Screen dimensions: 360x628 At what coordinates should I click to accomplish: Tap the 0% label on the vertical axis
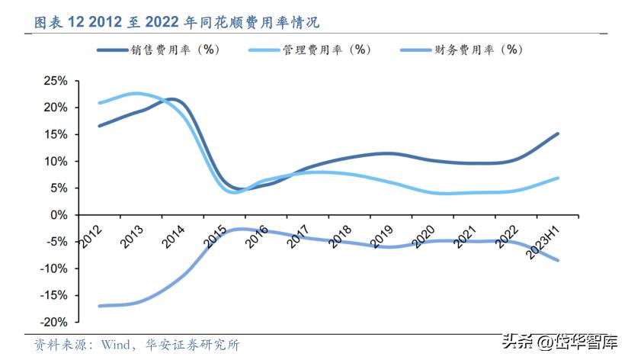click(59, 214)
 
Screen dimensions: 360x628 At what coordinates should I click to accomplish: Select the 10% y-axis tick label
click(56, 161)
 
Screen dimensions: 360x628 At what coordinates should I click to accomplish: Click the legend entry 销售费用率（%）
click(162, 50)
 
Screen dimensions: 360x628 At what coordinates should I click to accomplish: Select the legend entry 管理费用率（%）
click(315, 50)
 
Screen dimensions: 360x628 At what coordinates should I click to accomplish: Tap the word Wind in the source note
click(109, 345)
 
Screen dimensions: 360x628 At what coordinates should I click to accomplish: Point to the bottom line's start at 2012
click(100, 306)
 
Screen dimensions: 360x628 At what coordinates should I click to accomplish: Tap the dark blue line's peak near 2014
click(171, 99)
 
